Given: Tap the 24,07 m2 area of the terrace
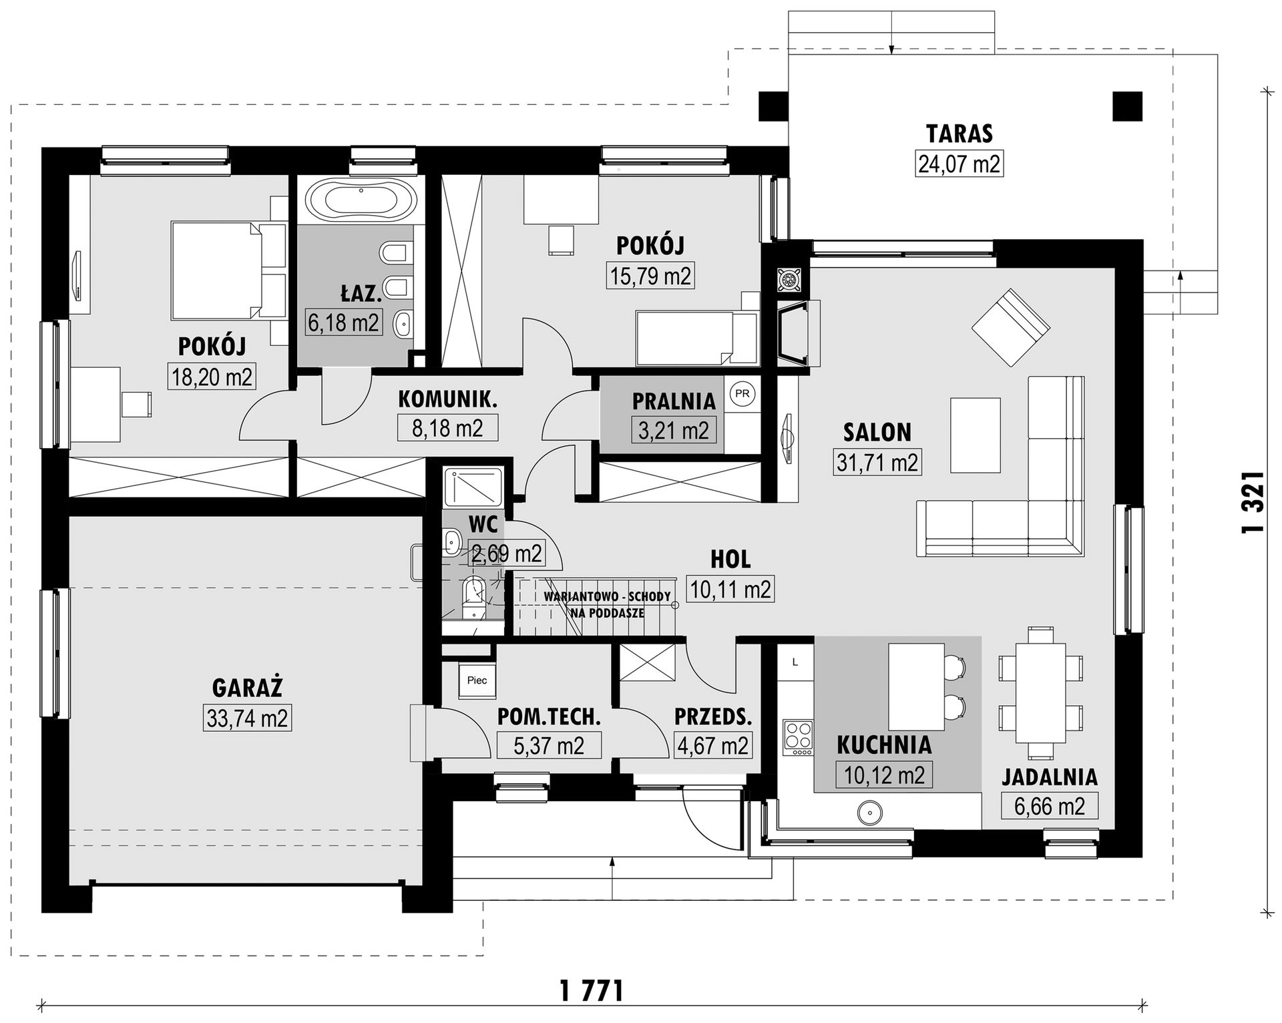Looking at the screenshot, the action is tap(959, 164).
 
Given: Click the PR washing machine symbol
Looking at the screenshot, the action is tap(742, 394).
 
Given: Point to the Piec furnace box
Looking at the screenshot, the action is tap(477, 680).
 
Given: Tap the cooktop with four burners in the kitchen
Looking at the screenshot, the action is tap(798, 738).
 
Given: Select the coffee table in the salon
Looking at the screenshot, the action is tap(976, 436).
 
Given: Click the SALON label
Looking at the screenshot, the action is tap(877, 433).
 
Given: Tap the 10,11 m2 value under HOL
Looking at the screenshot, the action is tap(730, 590).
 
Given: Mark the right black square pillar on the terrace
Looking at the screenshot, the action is tap(1128, 106).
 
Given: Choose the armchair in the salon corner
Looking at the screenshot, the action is tap(1011, 327).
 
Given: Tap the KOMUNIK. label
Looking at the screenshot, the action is tap(448, 399).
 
